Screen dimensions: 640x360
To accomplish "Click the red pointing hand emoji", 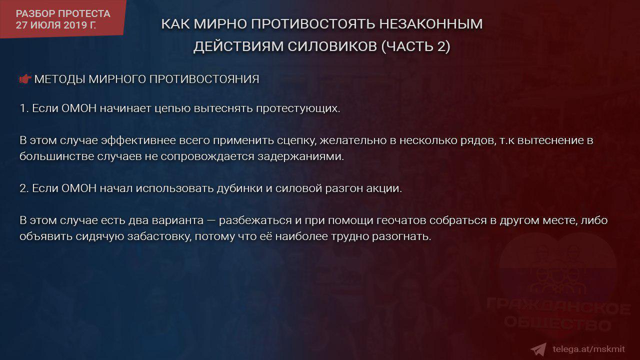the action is [25, 79].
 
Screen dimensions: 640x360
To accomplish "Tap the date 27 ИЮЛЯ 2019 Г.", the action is [56, 25].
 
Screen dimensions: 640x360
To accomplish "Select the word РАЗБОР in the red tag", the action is [35, 13].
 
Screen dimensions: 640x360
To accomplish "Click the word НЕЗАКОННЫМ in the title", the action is [431, 23].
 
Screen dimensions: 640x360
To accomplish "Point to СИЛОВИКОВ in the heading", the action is [332, 46].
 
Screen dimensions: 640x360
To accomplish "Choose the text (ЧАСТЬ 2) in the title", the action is [416, 46].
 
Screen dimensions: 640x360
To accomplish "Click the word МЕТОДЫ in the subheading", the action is [59, 79].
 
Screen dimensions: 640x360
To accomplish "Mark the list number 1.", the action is [23, 108].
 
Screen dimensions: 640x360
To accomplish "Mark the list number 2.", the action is [23, 188].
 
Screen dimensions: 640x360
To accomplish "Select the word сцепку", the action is [296, 141].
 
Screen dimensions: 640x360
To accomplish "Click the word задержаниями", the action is [301, 157].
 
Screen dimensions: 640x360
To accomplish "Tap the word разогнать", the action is [401, 237].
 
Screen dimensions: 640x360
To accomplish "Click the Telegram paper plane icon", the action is [538, 349].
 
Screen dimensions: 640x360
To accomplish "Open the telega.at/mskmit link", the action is [588, 349].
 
